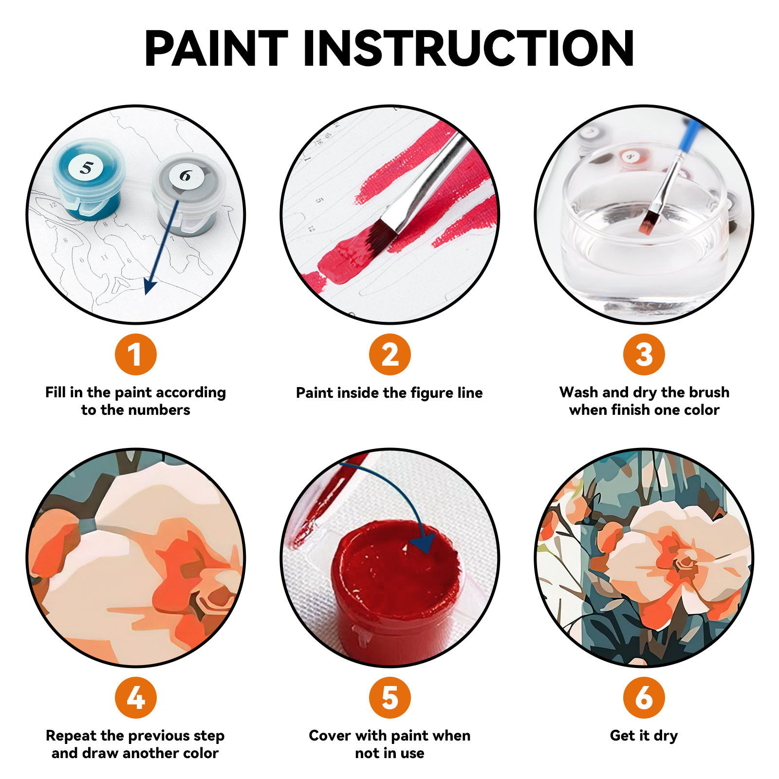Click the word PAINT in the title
[216, 48]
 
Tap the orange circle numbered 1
[135, 354]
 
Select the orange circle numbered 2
[389, 354]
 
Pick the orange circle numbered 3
[644, 354]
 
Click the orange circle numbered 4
[135, 697]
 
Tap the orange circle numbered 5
[389, 697]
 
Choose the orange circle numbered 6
[644, 697]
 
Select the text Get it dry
[644, 735]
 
